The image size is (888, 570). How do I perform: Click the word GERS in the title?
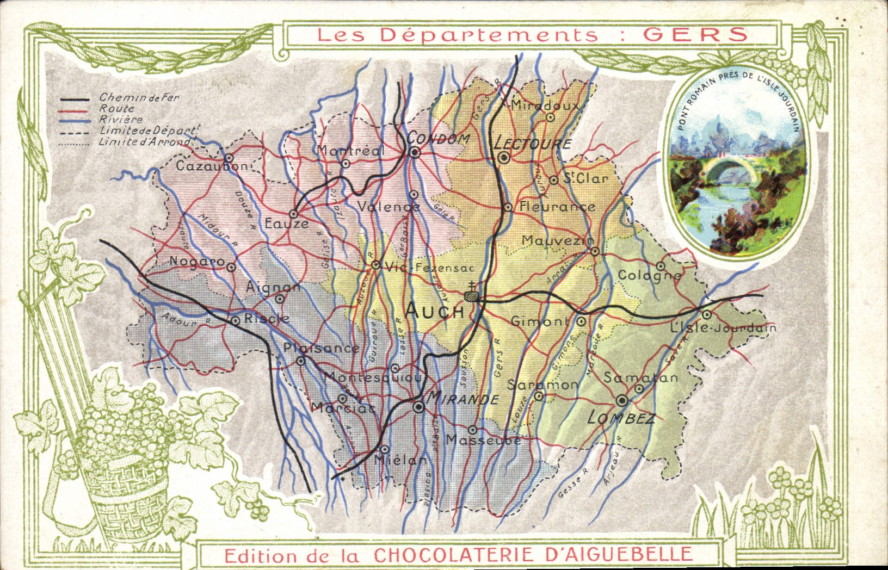pyautogui.click(x=695, y=34)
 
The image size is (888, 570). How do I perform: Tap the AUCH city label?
pyautogui.click(x=435, y=311)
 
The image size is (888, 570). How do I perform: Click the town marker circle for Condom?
pyautogui.click(x=415, y=153)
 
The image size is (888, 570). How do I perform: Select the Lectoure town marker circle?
pyautogui.click(x=504, y=158)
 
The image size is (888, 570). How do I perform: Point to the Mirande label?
pyautogui.click(x=463, y=399)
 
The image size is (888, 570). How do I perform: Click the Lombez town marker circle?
pyautogui.click(x=622, y=401)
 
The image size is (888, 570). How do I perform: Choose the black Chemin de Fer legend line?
pyautogui.click(x=75, y=100)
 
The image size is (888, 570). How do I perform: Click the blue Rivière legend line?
pyautogui.click(x=75, y=121)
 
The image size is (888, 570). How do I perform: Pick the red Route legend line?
pyautogui.click(x=75, y=110)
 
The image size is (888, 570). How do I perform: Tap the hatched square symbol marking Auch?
pyautogui.click(x=472, y=296)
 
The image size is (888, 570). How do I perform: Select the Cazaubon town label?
pyautogui.click(x=211, y=166)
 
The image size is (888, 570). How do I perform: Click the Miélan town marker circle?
pyautogui.click(x=384, y=450)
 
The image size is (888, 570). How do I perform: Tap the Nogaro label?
pyautogui.click(x=196, y=261)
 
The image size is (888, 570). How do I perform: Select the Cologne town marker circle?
pyautogui.click(x=660, y=266)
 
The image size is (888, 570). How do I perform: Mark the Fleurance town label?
pyautogui.click(x=557, y=207)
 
